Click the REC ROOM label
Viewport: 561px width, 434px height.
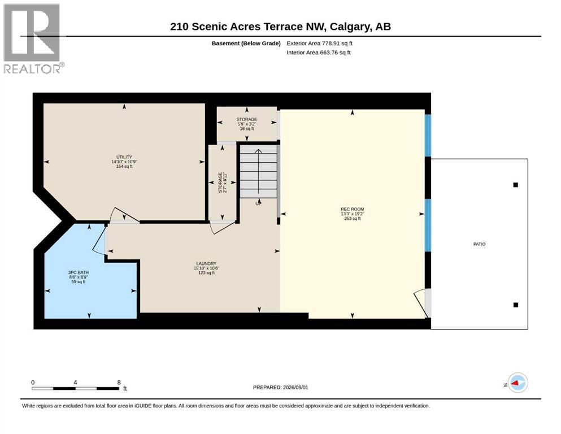tap(352, 209)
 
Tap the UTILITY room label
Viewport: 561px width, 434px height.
tap(124, 157)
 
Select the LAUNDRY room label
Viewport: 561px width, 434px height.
tap(206, 263)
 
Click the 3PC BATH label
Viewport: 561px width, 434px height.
tap(79, 272)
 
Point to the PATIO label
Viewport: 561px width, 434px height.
tap(480, 244)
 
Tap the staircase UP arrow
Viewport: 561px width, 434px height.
tap(258, 175)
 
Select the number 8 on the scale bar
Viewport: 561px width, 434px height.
tap(119, 382)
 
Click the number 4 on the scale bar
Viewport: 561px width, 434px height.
tap(75, 382)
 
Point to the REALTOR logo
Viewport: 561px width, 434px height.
tap(34, 38)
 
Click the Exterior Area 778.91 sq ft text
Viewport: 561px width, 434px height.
tap(320, 44)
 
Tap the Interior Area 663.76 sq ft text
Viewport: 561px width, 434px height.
tap(319, 52)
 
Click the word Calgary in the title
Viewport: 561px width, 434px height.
tap(350, 27)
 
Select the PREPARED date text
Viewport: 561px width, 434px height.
tap(280, 387)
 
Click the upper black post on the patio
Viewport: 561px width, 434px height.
tap(516, 185)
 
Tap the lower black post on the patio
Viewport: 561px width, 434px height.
tap(516, 305)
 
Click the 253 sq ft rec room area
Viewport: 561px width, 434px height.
tap(353, 218)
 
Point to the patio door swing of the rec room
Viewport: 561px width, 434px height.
tap(420, 301)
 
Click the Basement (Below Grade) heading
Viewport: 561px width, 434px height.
tap(246, 44)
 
